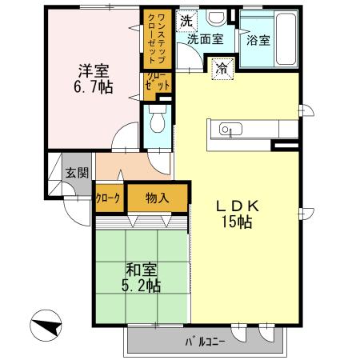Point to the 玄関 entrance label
pos(77,173)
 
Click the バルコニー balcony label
pos(206,343)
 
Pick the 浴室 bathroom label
pos(258,39)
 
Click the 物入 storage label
pos(158,198)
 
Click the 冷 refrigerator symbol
pos(221,69)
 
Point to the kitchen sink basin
pos(227,130)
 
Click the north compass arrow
pos(47,327)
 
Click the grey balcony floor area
pos(160,342)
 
